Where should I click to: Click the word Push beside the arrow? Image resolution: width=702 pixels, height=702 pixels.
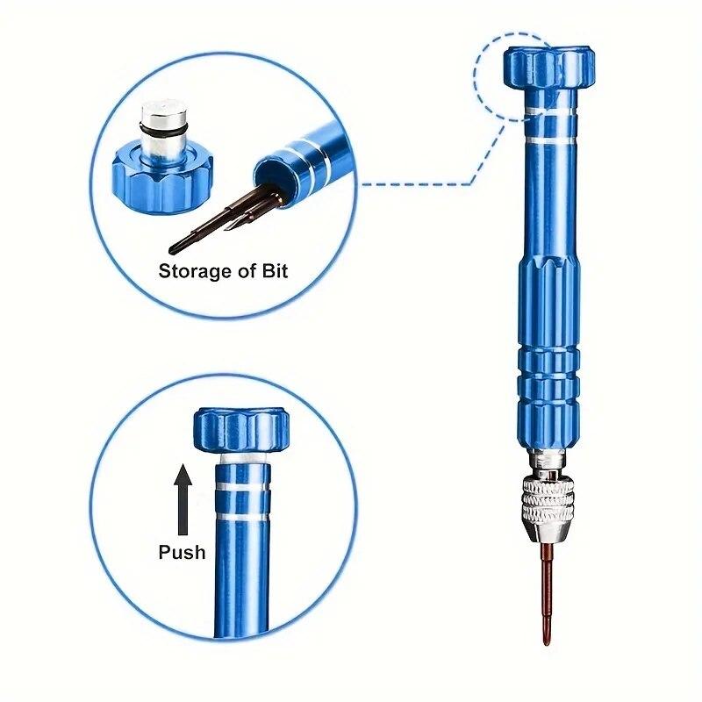tap(182, 552)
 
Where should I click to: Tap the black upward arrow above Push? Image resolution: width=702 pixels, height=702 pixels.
tap(183, 500)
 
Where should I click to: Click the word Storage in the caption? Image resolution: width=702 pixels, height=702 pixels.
tap(191, 271)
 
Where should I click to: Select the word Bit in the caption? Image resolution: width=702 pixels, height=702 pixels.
tap(273, 271)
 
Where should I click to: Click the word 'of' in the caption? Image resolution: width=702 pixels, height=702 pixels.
tap(241, 271)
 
